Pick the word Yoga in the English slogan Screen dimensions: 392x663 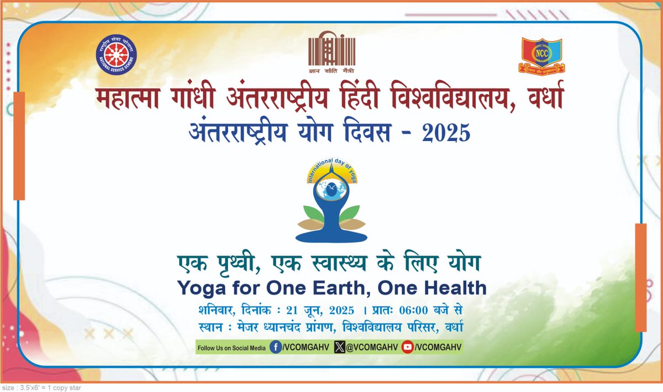197,288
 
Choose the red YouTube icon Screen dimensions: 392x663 408,347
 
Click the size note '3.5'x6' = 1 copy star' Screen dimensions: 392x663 41,388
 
